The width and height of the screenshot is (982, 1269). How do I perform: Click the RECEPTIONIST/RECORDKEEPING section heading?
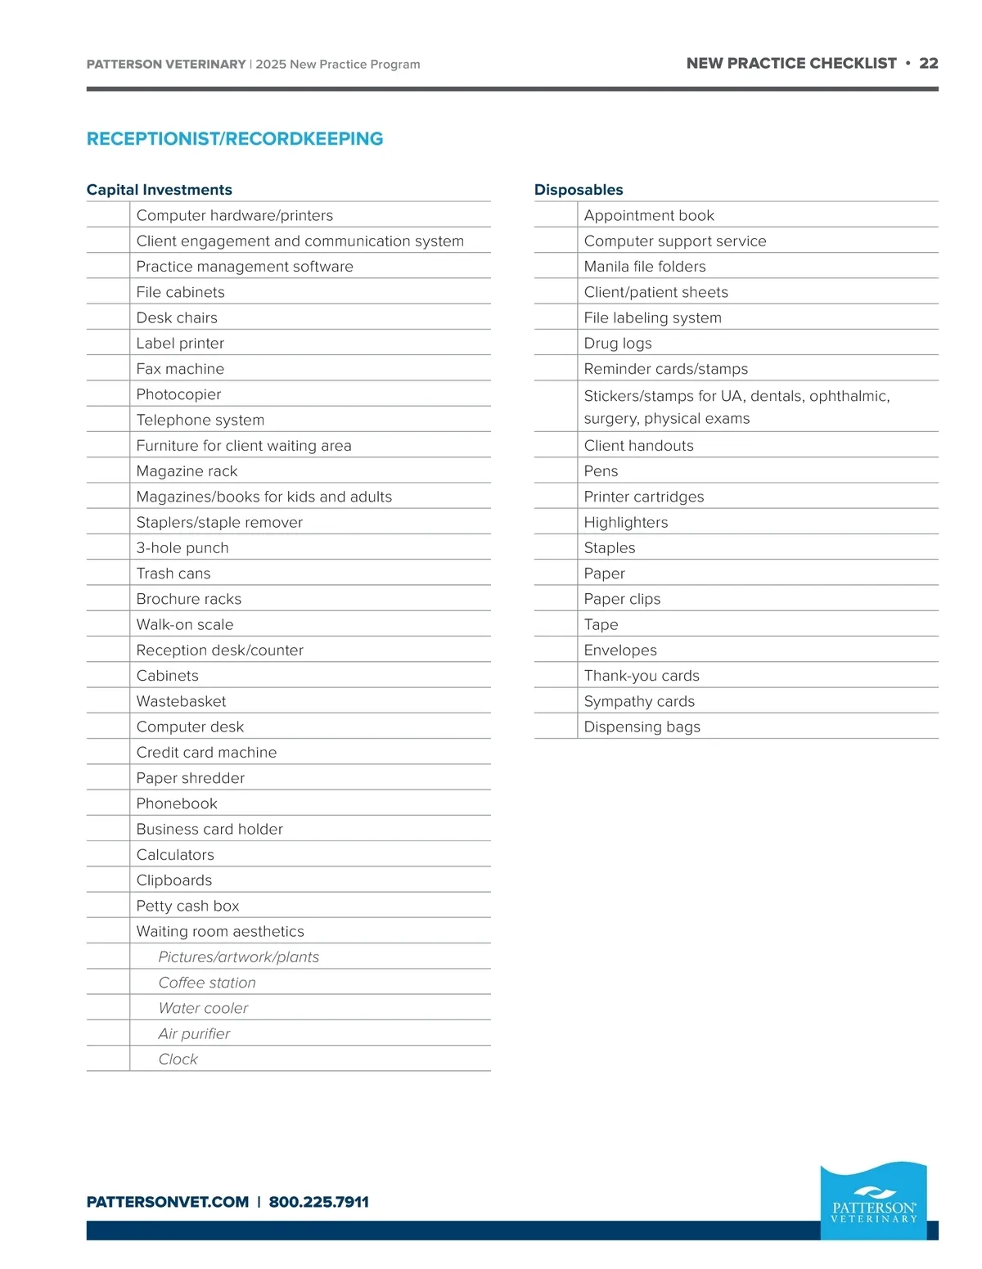tap(235, 139)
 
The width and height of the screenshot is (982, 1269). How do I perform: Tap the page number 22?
tap(929, 63)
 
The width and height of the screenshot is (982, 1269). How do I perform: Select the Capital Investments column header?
tap(160, 190)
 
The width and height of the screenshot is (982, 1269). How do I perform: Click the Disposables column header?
tap(579, 190)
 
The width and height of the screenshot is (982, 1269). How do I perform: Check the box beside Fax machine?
tap(108, 369)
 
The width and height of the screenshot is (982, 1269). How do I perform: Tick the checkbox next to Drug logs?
tap(556, 344)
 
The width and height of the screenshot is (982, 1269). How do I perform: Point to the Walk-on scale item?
tap(185, 624)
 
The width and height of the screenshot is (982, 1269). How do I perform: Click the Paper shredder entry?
tap(191, 778)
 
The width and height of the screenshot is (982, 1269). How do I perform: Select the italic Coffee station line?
tap(207, 983)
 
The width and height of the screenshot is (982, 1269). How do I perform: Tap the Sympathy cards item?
tap(639, 701)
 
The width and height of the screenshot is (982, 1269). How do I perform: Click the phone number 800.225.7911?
tap(319, 1202)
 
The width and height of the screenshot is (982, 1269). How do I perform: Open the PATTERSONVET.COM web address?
tap(168, 1202)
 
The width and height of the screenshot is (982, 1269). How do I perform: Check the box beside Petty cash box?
tap(108, 906)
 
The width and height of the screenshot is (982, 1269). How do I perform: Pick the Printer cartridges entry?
tap(644, 497)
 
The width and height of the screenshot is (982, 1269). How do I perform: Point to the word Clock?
tap(178, 1060)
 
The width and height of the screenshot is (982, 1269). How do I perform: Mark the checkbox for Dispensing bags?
tap(556, 727)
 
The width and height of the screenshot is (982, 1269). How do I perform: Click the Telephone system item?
tap(200, 420)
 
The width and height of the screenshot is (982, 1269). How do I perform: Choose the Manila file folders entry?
tap(645, 267)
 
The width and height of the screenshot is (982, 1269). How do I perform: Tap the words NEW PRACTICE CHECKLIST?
tap(791, 63)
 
